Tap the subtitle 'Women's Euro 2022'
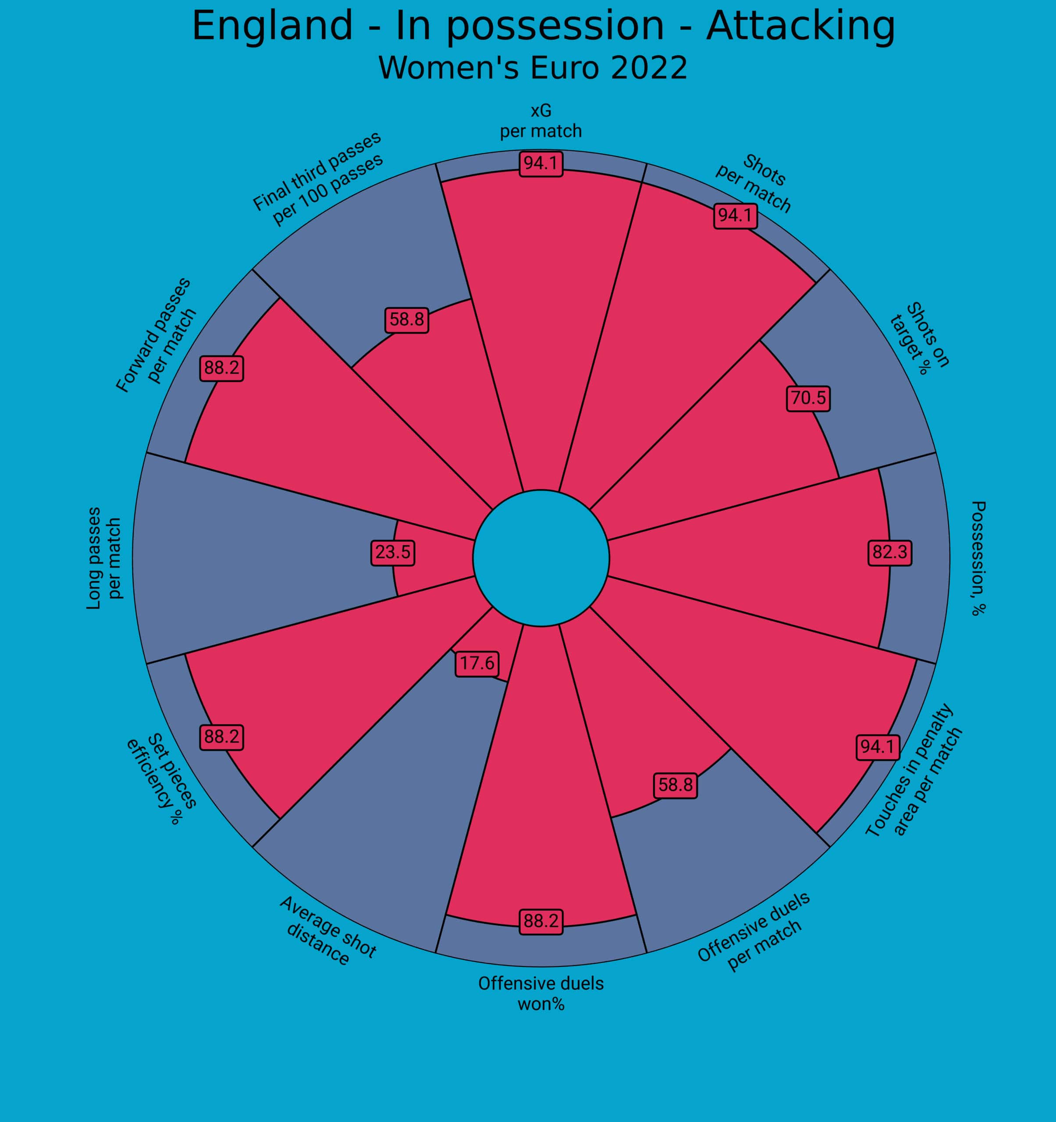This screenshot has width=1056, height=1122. [x=533, y=68]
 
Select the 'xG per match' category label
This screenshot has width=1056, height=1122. [x=540, y=121]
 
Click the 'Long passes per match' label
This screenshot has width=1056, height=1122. [x=104, y=558]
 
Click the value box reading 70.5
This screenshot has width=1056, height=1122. [x=808, y=398]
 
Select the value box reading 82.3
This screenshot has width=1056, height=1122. [x=890, y=552]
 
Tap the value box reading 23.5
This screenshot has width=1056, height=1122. [x=393, y=552]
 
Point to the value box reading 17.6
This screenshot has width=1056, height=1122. [x=477, y=663]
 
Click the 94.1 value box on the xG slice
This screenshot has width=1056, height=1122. [x=540, y=163]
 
